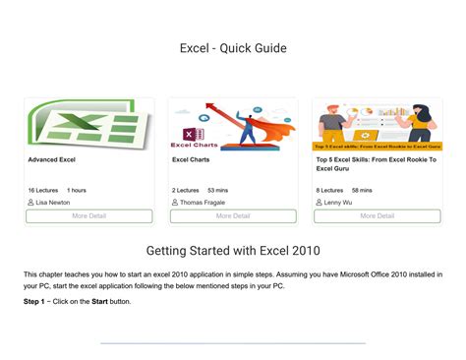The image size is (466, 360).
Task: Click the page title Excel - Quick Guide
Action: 233,47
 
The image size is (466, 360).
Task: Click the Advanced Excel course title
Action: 52,159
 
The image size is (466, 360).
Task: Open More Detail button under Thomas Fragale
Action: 233,216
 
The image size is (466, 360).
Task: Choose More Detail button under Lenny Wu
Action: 377,216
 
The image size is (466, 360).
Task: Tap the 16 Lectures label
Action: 43,190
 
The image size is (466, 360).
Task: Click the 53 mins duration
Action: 218,190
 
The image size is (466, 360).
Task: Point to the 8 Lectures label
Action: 329,190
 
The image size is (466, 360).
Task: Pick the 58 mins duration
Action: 362,190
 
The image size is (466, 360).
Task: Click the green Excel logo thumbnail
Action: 88,124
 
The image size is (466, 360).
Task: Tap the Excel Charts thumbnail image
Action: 233,124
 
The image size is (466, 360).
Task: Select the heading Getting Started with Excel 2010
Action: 233,251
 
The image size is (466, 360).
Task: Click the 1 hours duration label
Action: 77,190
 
